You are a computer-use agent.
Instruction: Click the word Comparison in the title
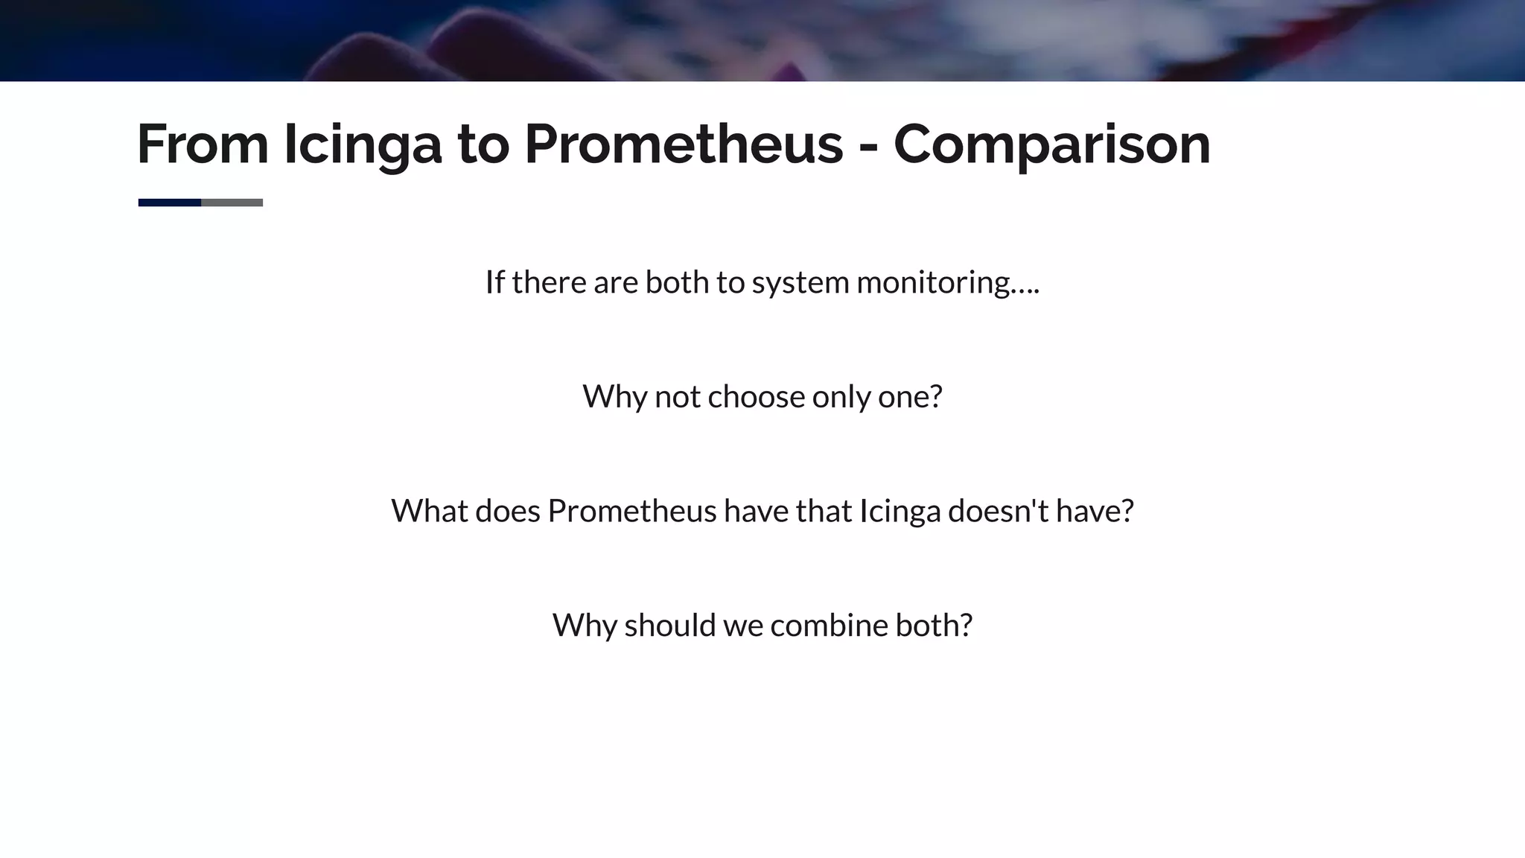(x=1051, y=144)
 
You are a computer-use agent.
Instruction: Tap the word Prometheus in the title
(x=684, y=144)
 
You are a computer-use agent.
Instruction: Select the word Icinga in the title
(x=363, y=144)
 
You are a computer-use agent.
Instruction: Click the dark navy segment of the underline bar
(x=170, y=203)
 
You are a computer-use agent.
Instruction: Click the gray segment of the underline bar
(x=232, y=203)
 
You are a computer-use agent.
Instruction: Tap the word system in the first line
(x=800, y=283)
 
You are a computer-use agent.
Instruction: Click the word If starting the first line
(x=494, y=282)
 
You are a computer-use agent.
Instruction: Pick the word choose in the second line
(x=756, y=397)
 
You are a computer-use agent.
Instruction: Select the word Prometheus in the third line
(x=631, y=511)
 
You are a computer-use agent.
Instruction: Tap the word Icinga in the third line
(x=900, y=511)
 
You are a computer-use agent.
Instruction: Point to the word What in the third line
(x=429, y=511)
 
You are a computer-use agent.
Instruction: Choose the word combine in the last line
(x=829, y=626)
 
